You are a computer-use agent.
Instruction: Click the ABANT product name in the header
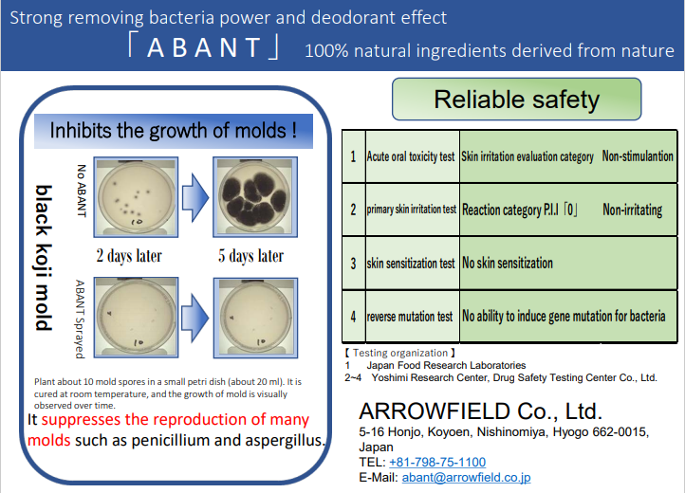pyautogui.click(x=204, y=47)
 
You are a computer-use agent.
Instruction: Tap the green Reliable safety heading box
pyautogui.click(x=517, y=100)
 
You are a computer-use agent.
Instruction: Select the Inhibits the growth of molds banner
pyautogui.click(x=174, y=131)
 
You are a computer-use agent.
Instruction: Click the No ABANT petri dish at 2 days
pyautogui.click(x=136, y=197)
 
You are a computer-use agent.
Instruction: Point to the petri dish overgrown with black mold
pyautogui.click(x=255, y=197)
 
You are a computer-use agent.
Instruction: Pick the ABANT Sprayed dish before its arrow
pyautogui.click(x=136, y=318)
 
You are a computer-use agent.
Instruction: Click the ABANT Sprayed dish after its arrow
pyautogui.click(x=255, y=318)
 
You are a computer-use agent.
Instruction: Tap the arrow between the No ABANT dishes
pyautogui.click(x=195, y=197)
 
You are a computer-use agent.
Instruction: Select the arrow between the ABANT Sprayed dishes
pyautogui.click(x=195, y=318)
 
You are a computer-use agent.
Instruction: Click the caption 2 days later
pyautogui.click(x=129, y=256)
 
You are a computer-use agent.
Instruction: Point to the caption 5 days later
pyautogui.click(x=250, y=256)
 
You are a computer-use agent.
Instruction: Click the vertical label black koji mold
pyautogui.click(x=44, y=258)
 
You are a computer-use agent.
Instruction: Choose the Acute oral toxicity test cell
pyautogui.click(x=411, y=156)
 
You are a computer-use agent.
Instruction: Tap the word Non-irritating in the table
pyautogui.click(x=633, y=210)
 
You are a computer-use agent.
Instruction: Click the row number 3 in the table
pyautogui.click(x=354, y=264)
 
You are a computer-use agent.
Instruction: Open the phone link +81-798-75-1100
pyautogui.click(x=437, y=462)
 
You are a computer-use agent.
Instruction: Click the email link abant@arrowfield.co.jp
pyautogui.click(x=466, y=477)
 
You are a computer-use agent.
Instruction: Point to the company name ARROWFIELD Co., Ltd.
pyautogui.click(x=481, y=411)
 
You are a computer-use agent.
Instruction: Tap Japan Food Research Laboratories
pyautogui.click(x=446, y=365)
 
